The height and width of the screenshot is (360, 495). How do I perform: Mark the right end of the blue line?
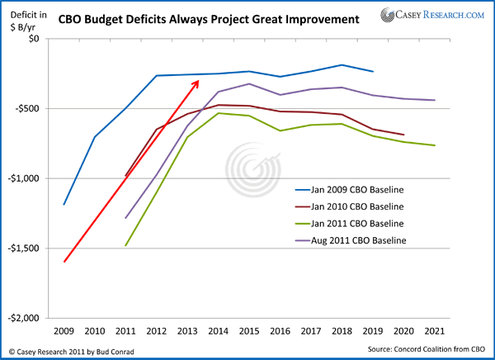click(373, 72)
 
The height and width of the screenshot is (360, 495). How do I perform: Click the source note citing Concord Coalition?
click(423, 350)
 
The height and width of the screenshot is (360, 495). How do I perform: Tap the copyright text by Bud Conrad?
click(68, 350)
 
